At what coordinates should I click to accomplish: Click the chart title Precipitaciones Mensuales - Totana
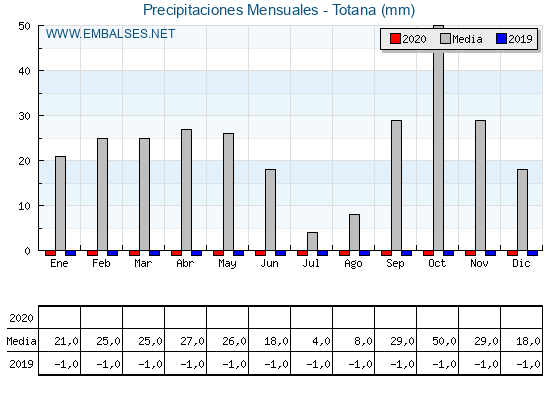[279, 10]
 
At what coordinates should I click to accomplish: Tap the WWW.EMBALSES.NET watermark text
[110, 34]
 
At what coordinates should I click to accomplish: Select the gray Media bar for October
[438, 138]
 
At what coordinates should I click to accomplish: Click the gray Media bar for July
[312, 241]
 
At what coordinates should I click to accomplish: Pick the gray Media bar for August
[354, 232]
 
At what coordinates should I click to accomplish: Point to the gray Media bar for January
[60, 203]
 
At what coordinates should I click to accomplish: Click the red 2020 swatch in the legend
[395, 39]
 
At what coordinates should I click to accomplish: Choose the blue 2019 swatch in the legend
[501, 39]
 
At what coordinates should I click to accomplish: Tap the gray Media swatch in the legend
[445, 39]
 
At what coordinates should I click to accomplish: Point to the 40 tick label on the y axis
[25, 71]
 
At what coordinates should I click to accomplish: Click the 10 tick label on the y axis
[25, 206]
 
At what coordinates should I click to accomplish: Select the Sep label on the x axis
[395, 264]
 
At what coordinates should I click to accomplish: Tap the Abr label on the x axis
[185, 264]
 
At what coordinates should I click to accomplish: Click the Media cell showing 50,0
[444, 341]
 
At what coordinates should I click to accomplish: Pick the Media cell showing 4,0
[321, 341]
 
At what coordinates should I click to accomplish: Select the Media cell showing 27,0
[192, 341]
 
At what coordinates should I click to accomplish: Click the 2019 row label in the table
[21, 364]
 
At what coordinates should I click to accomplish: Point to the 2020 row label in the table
[21, 318]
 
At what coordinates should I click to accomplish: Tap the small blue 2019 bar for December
[532, 253]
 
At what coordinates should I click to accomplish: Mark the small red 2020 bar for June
[260, 253]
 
